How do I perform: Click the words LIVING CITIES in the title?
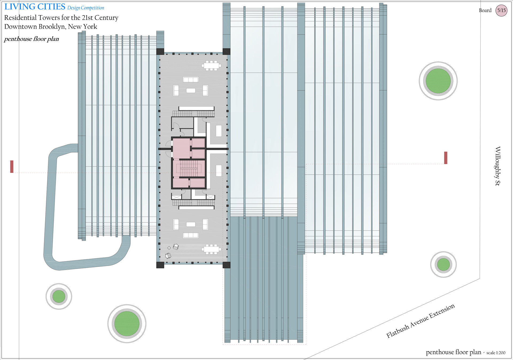[x=35, y=7]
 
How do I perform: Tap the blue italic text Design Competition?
[x=86, y=8]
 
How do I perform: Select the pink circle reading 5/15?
[x=501, y=10]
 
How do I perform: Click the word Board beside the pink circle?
[x=485, y=10]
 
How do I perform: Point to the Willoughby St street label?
[x=497, y=166]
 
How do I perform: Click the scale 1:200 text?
[x=496, y=353]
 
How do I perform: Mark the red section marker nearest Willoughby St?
[x=446, y=158]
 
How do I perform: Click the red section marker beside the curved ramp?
[x=12, y=167]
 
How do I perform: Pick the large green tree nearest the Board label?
[x=438, y=81]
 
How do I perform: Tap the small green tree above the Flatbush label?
[x=444, y=264]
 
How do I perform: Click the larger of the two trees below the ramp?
[x=127, y=324]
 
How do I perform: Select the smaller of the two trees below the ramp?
[x=59, y=296]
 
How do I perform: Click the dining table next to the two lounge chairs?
[x=211, y=249]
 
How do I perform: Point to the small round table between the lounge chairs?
[x=169, y=248]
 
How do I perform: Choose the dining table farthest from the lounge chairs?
[x=211, y=65]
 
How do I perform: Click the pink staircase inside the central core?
[x=189, y=169]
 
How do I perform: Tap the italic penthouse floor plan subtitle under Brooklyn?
[x=32, y=39]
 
